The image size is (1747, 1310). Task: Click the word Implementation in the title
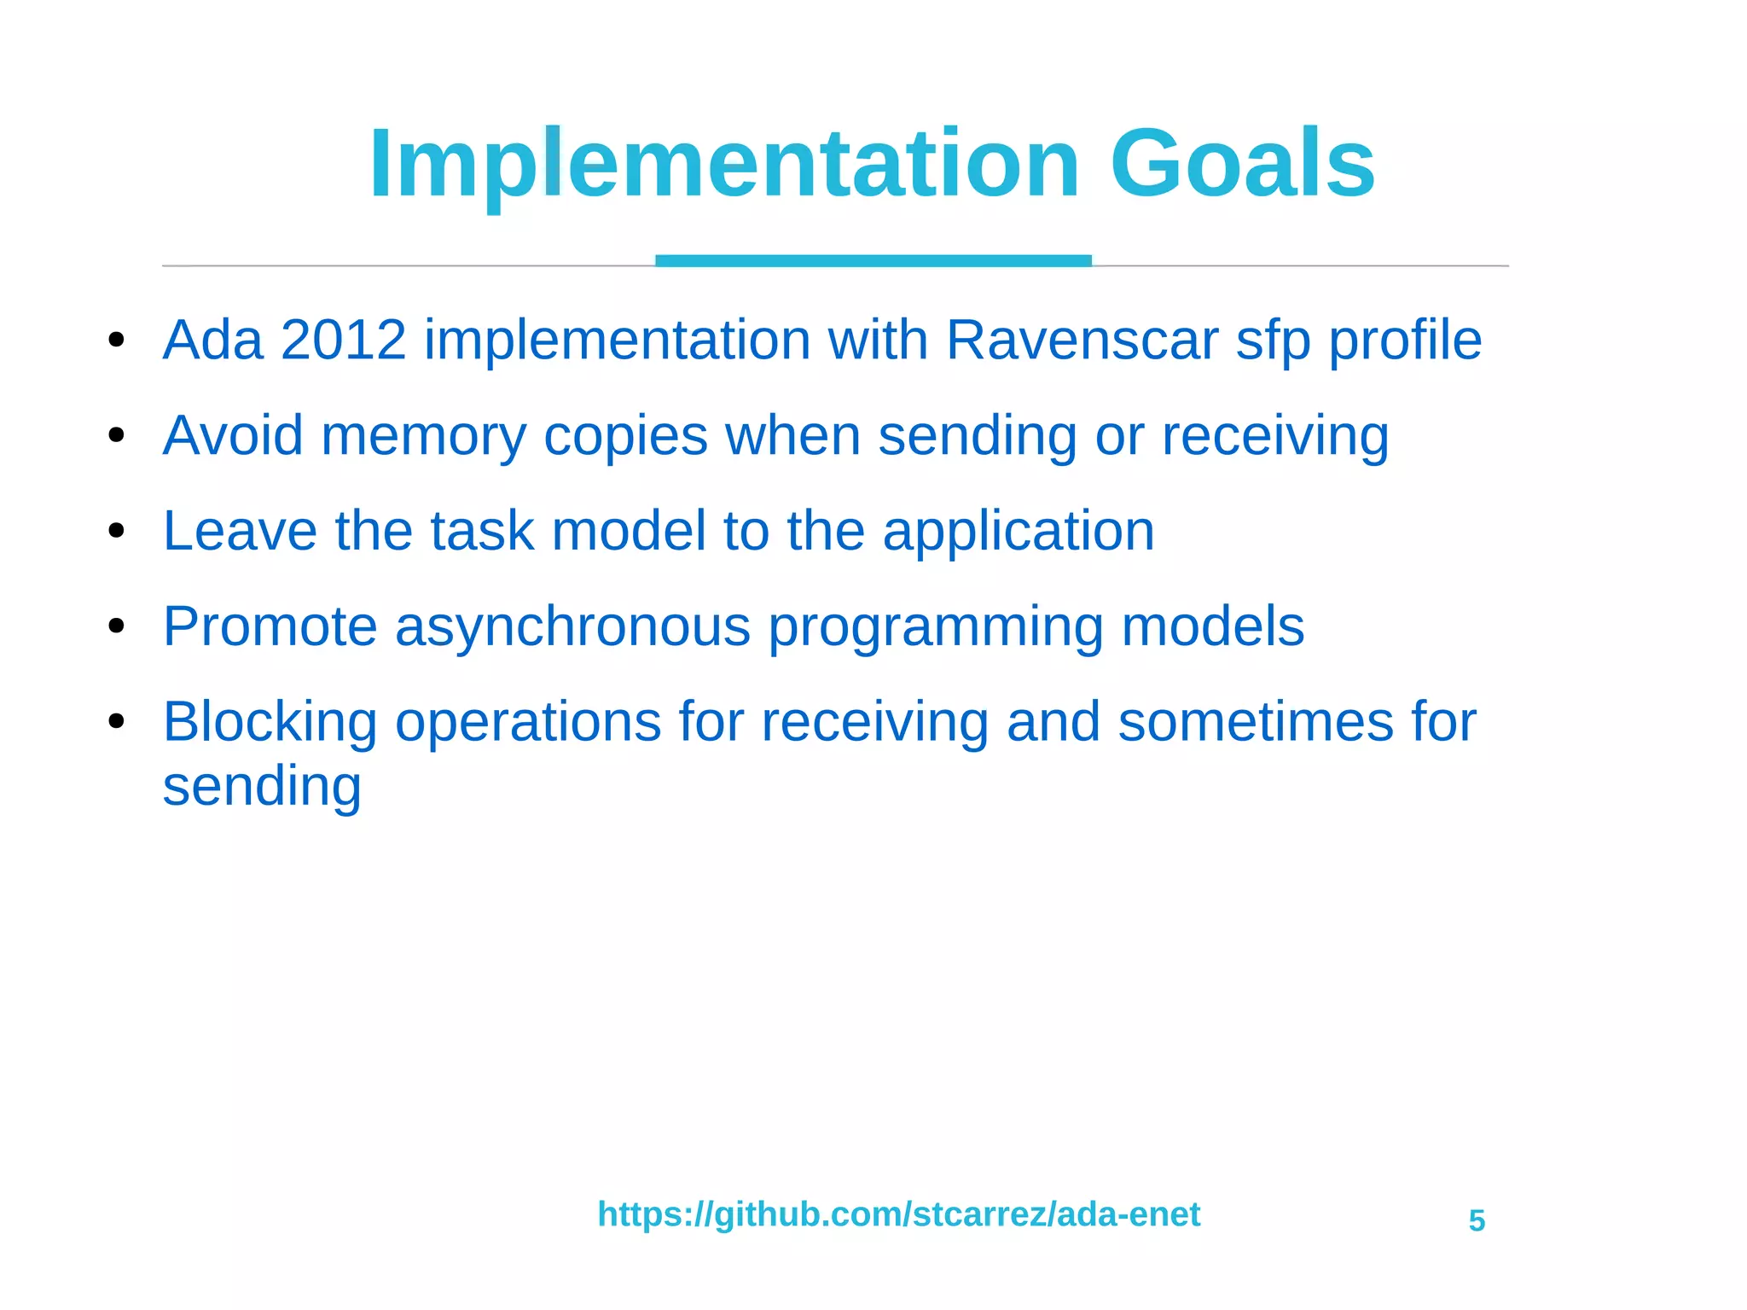pos(723,164)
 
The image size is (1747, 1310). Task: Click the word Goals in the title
pos(1242,164)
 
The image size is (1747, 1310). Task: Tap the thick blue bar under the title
pos(873,260)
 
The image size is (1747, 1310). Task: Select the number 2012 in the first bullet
pos(343,340)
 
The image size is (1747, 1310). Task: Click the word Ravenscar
pos(1082,340)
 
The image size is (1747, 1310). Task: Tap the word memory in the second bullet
pos(423,436)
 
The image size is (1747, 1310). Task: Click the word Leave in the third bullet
pos(240,531)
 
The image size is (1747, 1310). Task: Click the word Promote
pos(270,626)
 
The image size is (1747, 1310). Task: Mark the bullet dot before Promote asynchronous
pos(117,627)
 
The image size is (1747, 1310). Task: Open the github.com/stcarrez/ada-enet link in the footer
pos(898,1214)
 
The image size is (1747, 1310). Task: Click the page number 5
pos(1477,1220)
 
